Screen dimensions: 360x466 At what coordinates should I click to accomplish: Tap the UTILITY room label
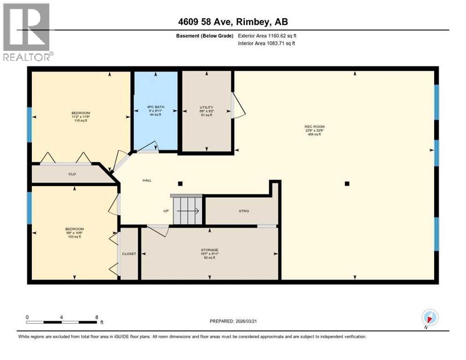[206, 107]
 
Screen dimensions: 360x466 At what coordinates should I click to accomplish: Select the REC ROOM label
[314, 127]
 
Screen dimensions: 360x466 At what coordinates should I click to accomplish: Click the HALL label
[147, 180]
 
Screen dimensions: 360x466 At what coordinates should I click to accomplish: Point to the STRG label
[243, 211]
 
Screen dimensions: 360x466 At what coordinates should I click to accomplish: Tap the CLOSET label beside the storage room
[129, 254]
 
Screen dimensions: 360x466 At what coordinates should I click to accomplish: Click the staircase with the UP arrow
[188, 211]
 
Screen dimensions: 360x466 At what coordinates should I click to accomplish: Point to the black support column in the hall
[180, 183]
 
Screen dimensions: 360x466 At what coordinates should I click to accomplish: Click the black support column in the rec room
[347, 184]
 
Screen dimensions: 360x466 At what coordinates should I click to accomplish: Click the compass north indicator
[430, 317]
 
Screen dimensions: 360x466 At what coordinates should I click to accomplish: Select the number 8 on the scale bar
[97, 317]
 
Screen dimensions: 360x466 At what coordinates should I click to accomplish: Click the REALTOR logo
[26, 31]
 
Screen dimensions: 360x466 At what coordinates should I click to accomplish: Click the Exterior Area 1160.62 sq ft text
[267, 36]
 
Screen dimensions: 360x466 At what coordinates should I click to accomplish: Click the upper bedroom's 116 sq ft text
[80, 120]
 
